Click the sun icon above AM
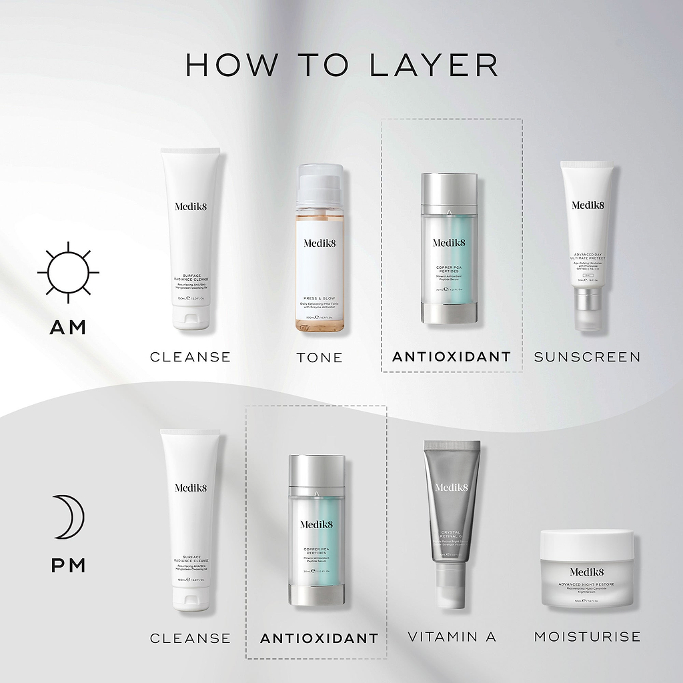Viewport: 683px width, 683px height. [x=68, y=271]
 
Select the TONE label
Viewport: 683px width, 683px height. [x=319, y=358]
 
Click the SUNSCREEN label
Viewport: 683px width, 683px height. [x=587, y=357]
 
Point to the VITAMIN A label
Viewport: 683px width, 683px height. [x=452, y=637]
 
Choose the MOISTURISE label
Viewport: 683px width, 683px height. [x=587, y=637]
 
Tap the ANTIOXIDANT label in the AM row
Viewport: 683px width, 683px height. [x=452, y=357]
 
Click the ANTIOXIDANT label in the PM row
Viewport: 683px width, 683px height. [x=319, y=638]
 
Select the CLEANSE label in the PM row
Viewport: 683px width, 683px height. [x=190, y=638]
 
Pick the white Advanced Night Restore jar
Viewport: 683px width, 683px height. [x=587, y=568]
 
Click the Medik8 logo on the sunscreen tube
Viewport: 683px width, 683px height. [x=587, y=205]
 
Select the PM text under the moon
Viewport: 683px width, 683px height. [x=68, y=566]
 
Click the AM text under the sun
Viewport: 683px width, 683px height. [x=68, y=327]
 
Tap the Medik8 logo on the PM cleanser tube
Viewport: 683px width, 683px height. [x=191, y=488]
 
